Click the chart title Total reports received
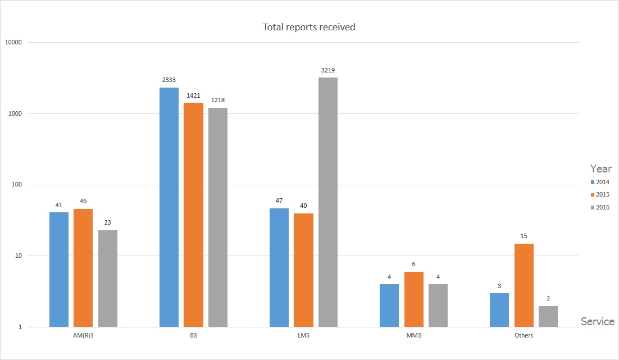309,27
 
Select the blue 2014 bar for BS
169,207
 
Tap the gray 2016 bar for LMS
328,202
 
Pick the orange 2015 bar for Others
524,285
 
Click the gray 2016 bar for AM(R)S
108,279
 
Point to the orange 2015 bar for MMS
414,299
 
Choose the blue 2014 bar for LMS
279,268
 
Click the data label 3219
328,70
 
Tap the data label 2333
169,80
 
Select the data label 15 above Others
524,236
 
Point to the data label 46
83,201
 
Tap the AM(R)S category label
83,336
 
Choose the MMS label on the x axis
413,336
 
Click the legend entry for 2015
603,195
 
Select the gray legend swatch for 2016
593,208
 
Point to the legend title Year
600,168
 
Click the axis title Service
598,322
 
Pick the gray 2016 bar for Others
548,317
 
